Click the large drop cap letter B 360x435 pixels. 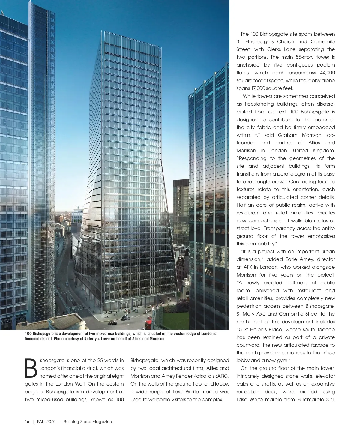click(31, 368)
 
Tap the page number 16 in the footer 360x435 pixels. click(27, 421)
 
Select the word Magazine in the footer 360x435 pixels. click(102, 421)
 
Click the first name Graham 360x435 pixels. click(288, 135)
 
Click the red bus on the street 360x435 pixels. click(149, 324)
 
